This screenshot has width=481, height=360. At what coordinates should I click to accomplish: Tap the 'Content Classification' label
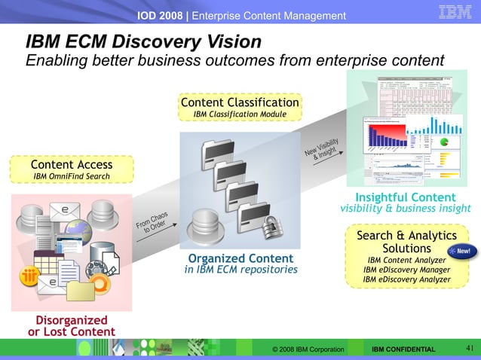coord(240,102)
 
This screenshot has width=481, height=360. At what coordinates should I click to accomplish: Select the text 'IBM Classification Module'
coord(240,114)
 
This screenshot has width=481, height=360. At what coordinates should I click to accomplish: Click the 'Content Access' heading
coord(72,164)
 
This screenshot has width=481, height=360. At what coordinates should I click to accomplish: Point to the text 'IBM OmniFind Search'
coord(72,177)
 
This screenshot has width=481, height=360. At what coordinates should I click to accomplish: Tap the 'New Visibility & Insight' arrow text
coord(321,148)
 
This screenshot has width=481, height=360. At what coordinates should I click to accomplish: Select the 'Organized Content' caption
coord(240,258)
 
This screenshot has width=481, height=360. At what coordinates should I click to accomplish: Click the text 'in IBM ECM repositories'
coord(240,270)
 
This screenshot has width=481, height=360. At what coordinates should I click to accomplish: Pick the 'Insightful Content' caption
coord(405,197)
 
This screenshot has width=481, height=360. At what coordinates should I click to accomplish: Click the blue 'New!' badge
coord(462,250)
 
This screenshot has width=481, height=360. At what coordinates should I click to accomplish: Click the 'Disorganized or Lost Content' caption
coord(72,326)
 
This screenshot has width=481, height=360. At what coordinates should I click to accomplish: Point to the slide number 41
coord(468,348)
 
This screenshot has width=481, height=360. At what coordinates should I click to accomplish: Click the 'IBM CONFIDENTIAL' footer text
coord(403,349)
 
